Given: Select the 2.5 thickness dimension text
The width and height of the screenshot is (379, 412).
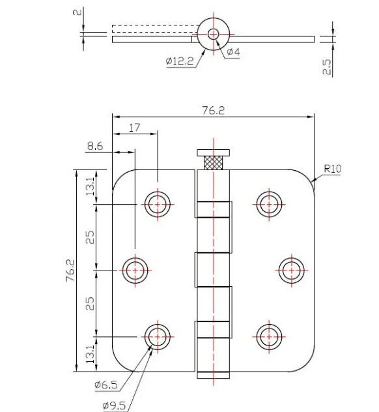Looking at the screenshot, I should point(327,67).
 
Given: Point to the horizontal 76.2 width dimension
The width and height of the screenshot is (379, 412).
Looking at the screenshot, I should point(213,110).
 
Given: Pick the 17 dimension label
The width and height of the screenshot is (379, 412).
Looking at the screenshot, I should point(135,128).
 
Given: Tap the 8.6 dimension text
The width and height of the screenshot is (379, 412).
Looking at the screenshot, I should point(95,147).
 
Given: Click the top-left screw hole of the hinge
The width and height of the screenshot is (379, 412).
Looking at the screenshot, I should point(157,204).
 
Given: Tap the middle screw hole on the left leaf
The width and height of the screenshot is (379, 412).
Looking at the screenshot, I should point(135,269).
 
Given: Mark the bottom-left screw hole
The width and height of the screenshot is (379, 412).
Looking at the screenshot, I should point(157,336).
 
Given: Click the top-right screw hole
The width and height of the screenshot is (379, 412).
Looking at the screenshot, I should point(268,203).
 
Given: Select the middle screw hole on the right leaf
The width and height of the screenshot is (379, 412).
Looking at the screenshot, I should point(290,269).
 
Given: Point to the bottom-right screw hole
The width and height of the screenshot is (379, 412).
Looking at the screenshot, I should point(268,336).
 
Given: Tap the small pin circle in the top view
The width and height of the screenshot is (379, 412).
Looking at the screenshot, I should point(213,34).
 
